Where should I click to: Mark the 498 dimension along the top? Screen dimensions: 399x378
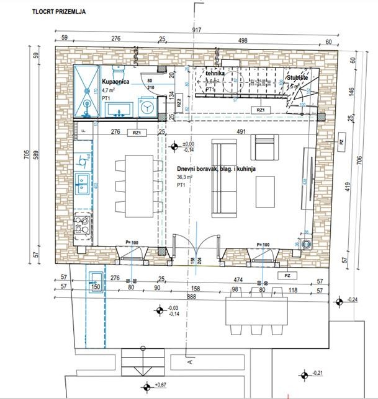click(x=243, y=40)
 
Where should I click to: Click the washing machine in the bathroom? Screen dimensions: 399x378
click(x=148, y=107)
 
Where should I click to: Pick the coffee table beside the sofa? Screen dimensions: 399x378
click(x=266, y=192)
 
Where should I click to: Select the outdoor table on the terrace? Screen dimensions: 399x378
click(x=256, y=307)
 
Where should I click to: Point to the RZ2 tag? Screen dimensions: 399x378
click(x=178, y=103)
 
